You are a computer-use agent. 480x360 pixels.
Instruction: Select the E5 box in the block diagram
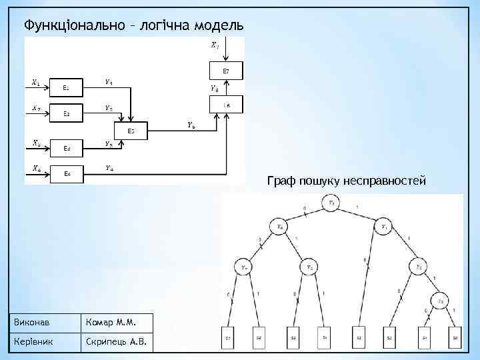coord(131,131)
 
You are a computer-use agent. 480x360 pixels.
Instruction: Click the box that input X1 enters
coord(67,88)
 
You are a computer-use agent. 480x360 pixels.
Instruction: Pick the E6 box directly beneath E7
coord(227,105)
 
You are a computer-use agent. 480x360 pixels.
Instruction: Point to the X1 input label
coord(35,83)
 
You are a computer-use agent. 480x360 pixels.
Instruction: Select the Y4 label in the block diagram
coord(109,168)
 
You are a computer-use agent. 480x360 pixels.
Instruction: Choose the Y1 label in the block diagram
coord(109,82)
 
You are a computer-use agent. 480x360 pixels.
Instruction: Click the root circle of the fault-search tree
coord(332,203)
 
